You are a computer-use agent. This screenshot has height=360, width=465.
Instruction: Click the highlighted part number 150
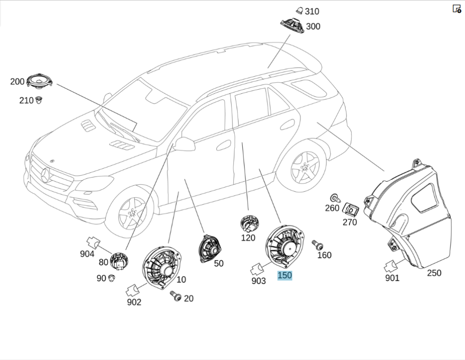[x=285, y=275]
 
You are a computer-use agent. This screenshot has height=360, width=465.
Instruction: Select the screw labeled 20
[x=176, y=296]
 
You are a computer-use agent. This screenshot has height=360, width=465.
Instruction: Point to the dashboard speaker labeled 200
[x=39, y=81]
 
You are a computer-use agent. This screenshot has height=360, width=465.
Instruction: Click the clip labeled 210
[x=40, y=99]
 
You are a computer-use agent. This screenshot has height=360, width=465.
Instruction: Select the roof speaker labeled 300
[x=292, y=26]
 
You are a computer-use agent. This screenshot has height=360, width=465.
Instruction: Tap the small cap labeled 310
[x=299, y=11]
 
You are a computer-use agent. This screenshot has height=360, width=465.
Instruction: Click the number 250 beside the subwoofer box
[x=434, y=273]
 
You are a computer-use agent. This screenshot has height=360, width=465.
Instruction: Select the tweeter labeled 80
[x=119, y=261]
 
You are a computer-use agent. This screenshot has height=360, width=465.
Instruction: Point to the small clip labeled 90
[x=112, y=278]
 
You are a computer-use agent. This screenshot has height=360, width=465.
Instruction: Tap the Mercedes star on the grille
[x=46, y=176]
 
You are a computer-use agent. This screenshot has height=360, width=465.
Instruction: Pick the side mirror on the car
[x=185, y=144]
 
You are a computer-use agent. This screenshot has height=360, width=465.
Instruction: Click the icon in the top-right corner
[x=457, y=8]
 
